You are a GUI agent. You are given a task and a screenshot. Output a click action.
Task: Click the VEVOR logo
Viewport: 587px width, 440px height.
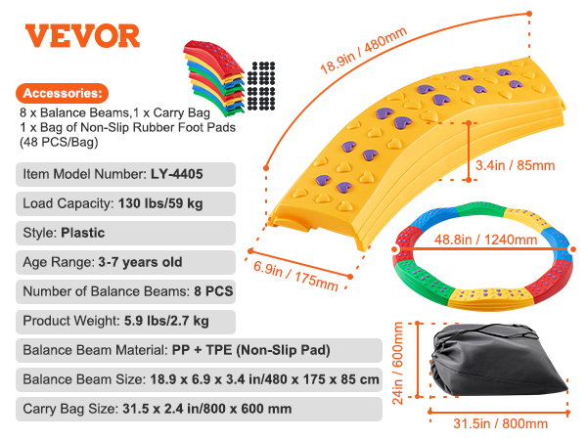point(82,36)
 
